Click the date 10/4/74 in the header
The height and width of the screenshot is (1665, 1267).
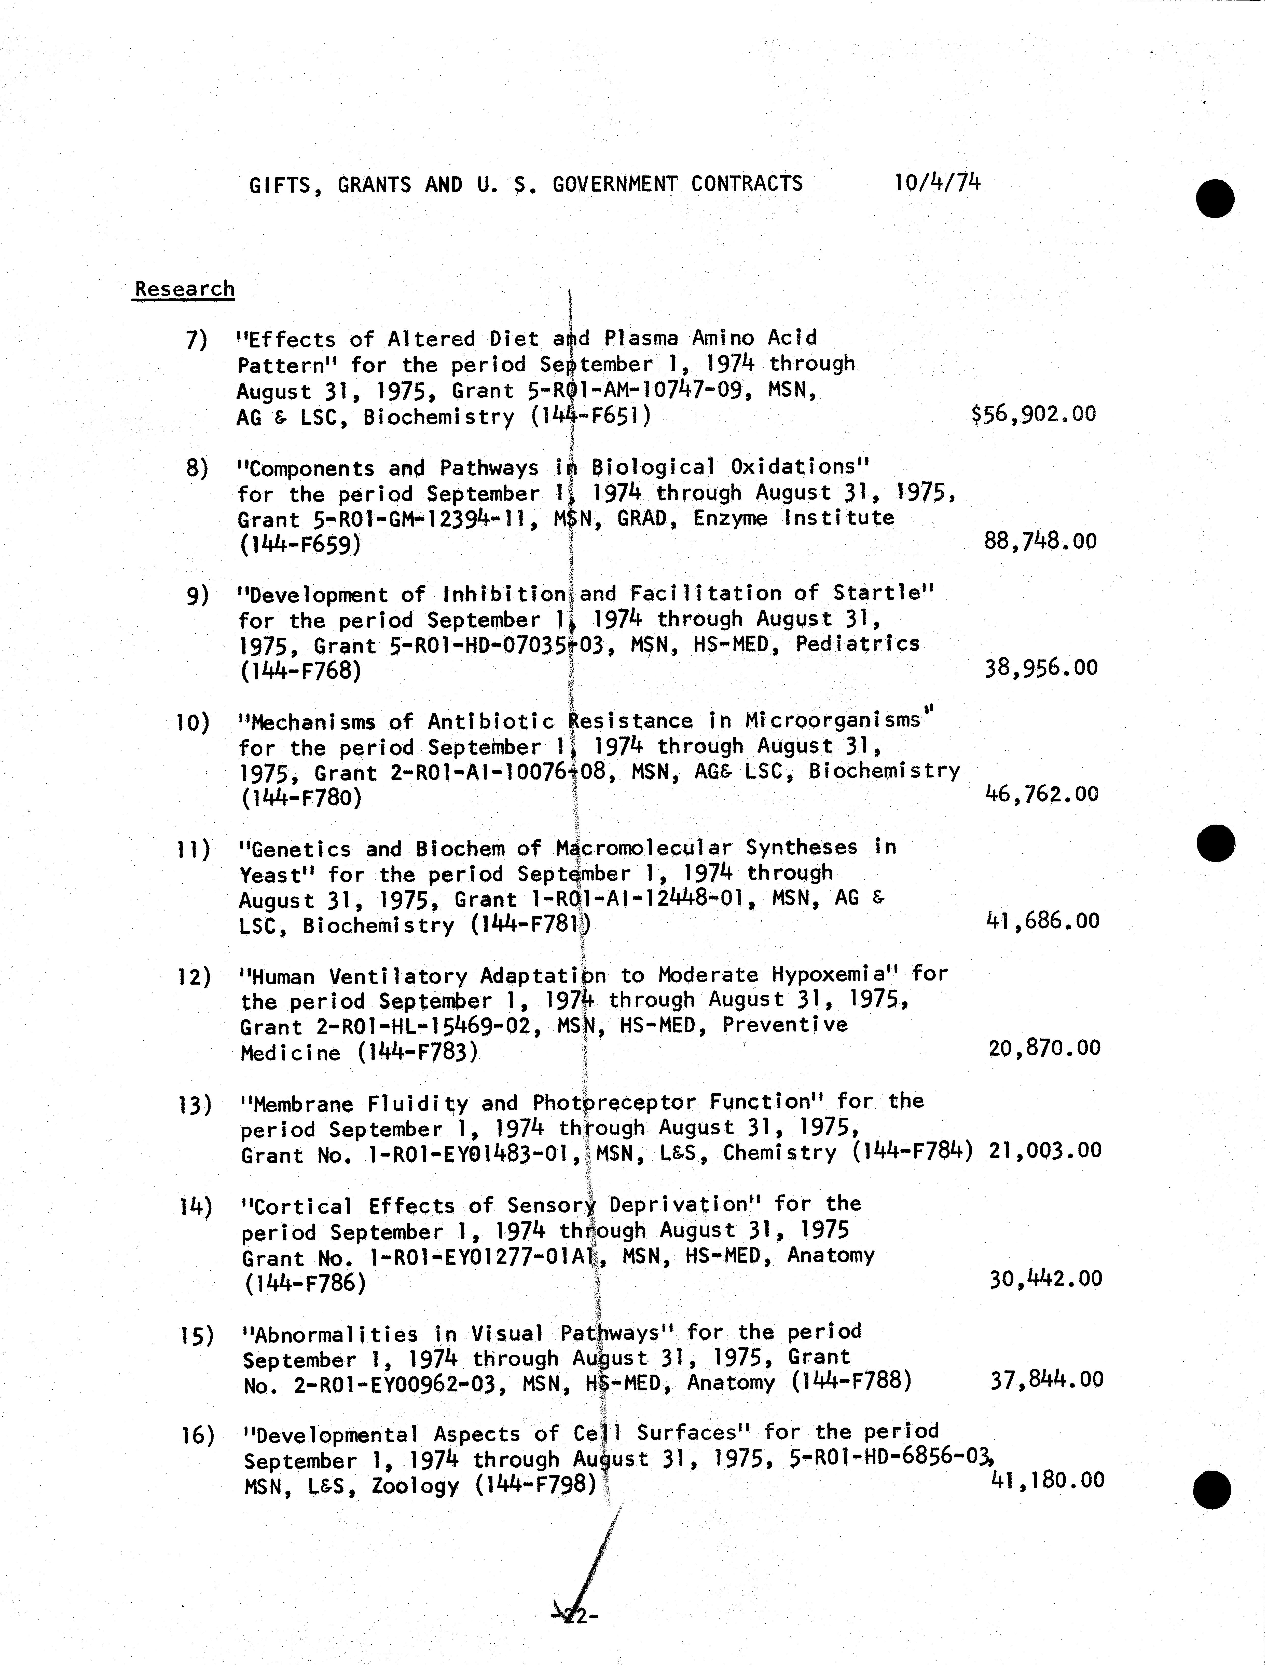tap(938, 183)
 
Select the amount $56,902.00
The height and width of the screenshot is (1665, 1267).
tap(1034, 414)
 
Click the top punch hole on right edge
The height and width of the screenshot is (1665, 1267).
tap(1215, 199)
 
